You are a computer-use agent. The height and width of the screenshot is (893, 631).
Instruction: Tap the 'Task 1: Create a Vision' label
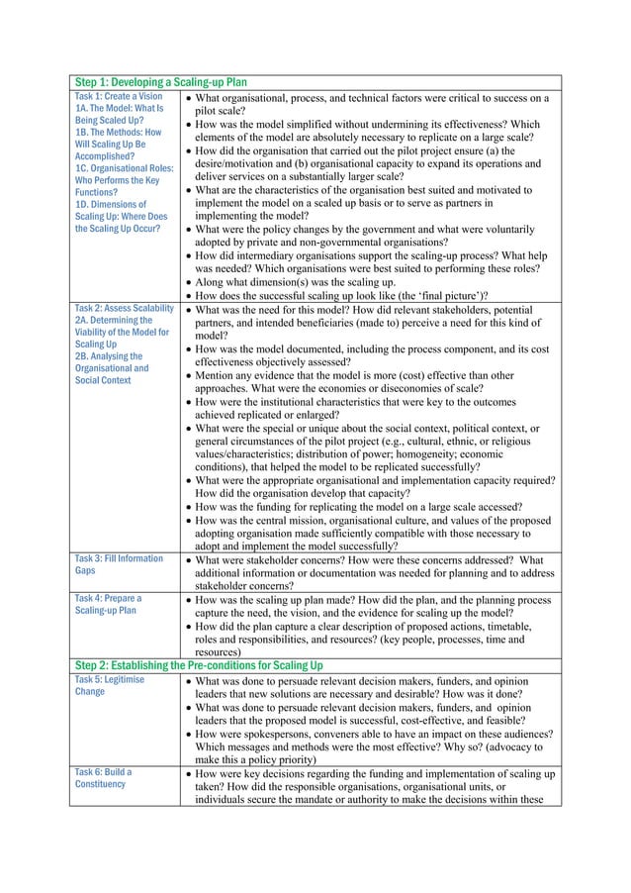(x=119, y=97)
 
